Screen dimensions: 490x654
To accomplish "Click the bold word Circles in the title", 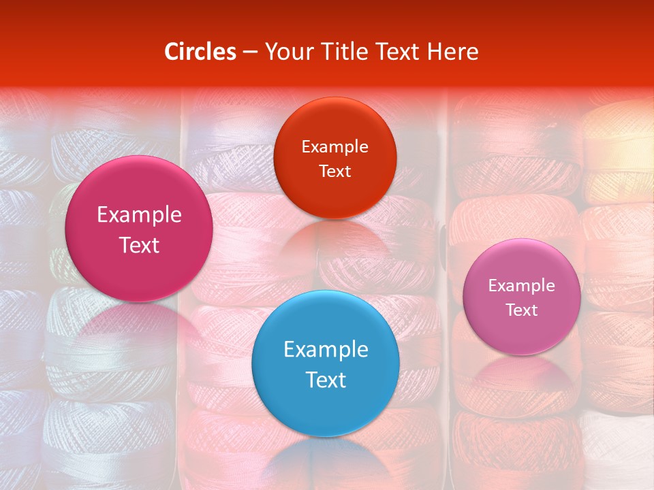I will click(200, 52).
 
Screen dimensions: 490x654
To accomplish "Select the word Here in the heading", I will click(453, 52).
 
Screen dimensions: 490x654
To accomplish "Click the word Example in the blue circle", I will click(326, 350).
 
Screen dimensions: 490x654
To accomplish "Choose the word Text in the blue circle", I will click(326, 380).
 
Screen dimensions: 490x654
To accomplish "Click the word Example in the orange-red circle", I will click(334, 147).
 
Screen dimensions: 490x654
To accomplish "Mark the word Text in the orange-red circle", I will click(334, 171).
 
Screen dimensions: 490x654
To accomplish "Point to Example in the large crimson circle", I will click(139, 215).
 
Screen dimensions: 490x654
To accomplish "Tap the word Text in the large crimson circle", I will click(139, 245).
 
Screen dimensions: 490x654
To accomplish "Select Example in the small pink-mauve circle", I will click(522, 286).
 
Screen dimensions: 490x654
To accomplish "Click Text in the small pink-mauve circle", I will click(522, 310).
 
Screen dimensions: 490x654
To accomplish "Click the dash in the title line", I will click(250, 52).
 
